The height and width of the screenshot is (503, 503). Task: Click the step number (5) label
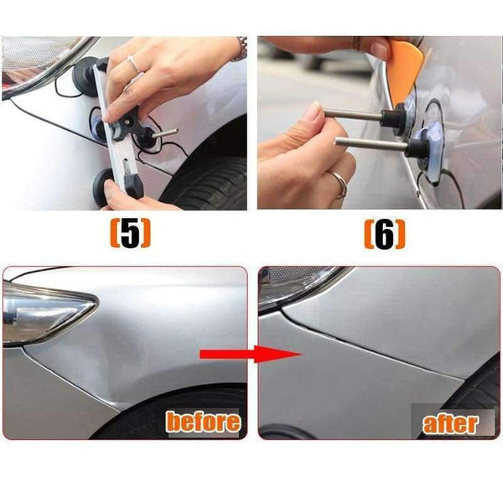click(x=130, y=235)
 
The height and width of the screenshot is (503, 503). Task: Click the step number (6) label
click(x=384, y=235)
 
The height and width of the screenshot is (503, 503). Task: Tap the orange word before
click(x=202, y=421)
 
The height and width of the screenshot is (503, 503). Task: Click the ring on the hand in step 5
click(x=133, y=64)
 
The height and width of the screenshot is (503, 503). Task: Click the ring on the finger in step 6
click(x=337, y=180)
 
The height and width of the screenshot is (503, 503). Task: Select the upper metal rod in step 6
click(x=352, y=115)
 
